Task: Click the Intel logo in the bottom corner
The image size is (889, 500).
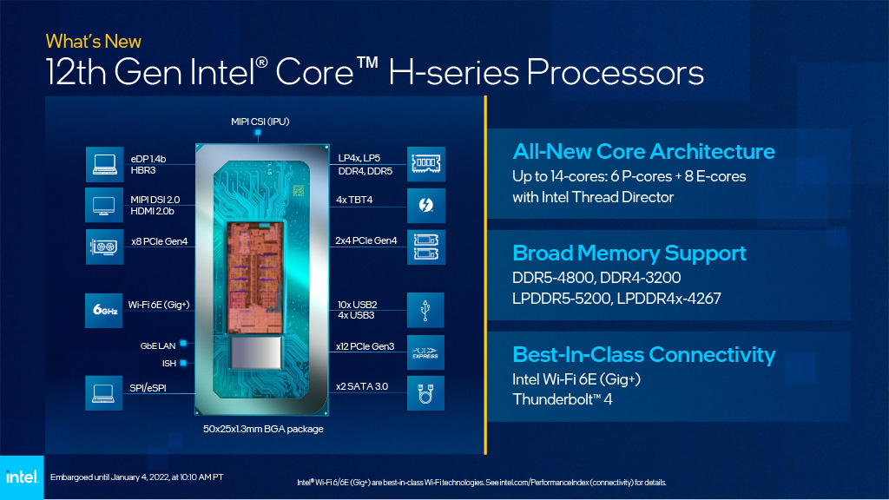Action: pyautogui.click(x=22, y=477)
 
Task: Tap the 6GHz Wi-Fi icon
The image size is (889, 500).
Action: pyautogui.click(x=104, y=310)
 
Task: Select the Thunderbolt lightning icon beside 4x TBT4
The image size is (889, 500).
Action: pyautogui.click(x=425, y=205)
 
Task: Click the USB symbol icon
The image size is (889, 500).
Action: pyautogui.click(x=425, y=310)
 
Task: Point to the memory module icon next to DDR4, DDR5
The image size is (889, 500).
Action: pyautogui.click(x=425, y=164)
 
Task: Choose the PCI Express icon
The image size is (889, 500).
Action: pyautogui.click(x=425, y=352)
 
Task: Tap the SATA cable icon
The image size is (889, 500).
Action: pyautogui.click(x=425, y=393)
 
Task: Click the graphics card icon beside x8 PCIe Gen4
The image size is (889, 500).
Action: pyautogui.click(x=104, y=247)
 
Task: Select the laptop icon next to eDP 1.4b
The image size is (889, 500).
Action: pyautogui.click(x=104, y=164)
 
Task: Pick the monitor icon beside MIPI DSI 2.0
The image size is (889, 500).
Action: pyautogui.click(x=104, y=205)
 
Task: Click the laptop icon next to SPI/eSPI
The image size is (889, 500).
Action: pyautogui.click(x=104, y=393)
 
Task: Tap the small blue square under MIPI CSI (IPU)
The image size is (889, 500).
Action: pyautogui.click(x=258, y=133)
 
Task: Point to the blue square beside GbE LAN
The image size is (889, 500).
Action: pyautogui.click(x=183, y=343)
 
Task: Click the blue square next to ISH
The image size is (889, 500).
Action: pyautogui.click(x=183, y=363)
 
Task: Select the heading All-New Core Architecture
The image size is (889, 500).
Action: pyautogui.click(x=643, y=151)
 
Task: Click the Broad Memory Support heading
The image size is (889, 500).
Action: pyautogui.click(x=629, y=253)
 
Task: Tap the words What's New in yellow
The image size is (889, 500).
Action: pyautogui.click(x=94, y=42)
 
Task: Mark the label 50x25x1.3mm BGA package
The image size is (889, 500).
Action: pyautogui.click(x=263, y=429)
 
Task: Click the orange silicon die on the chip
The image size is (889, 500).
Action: pyautogui.click(x=254, y=277)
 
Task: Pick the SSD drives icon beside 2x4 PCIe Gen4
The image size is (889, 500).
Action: pyautogui.click(x=425, y=247)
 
